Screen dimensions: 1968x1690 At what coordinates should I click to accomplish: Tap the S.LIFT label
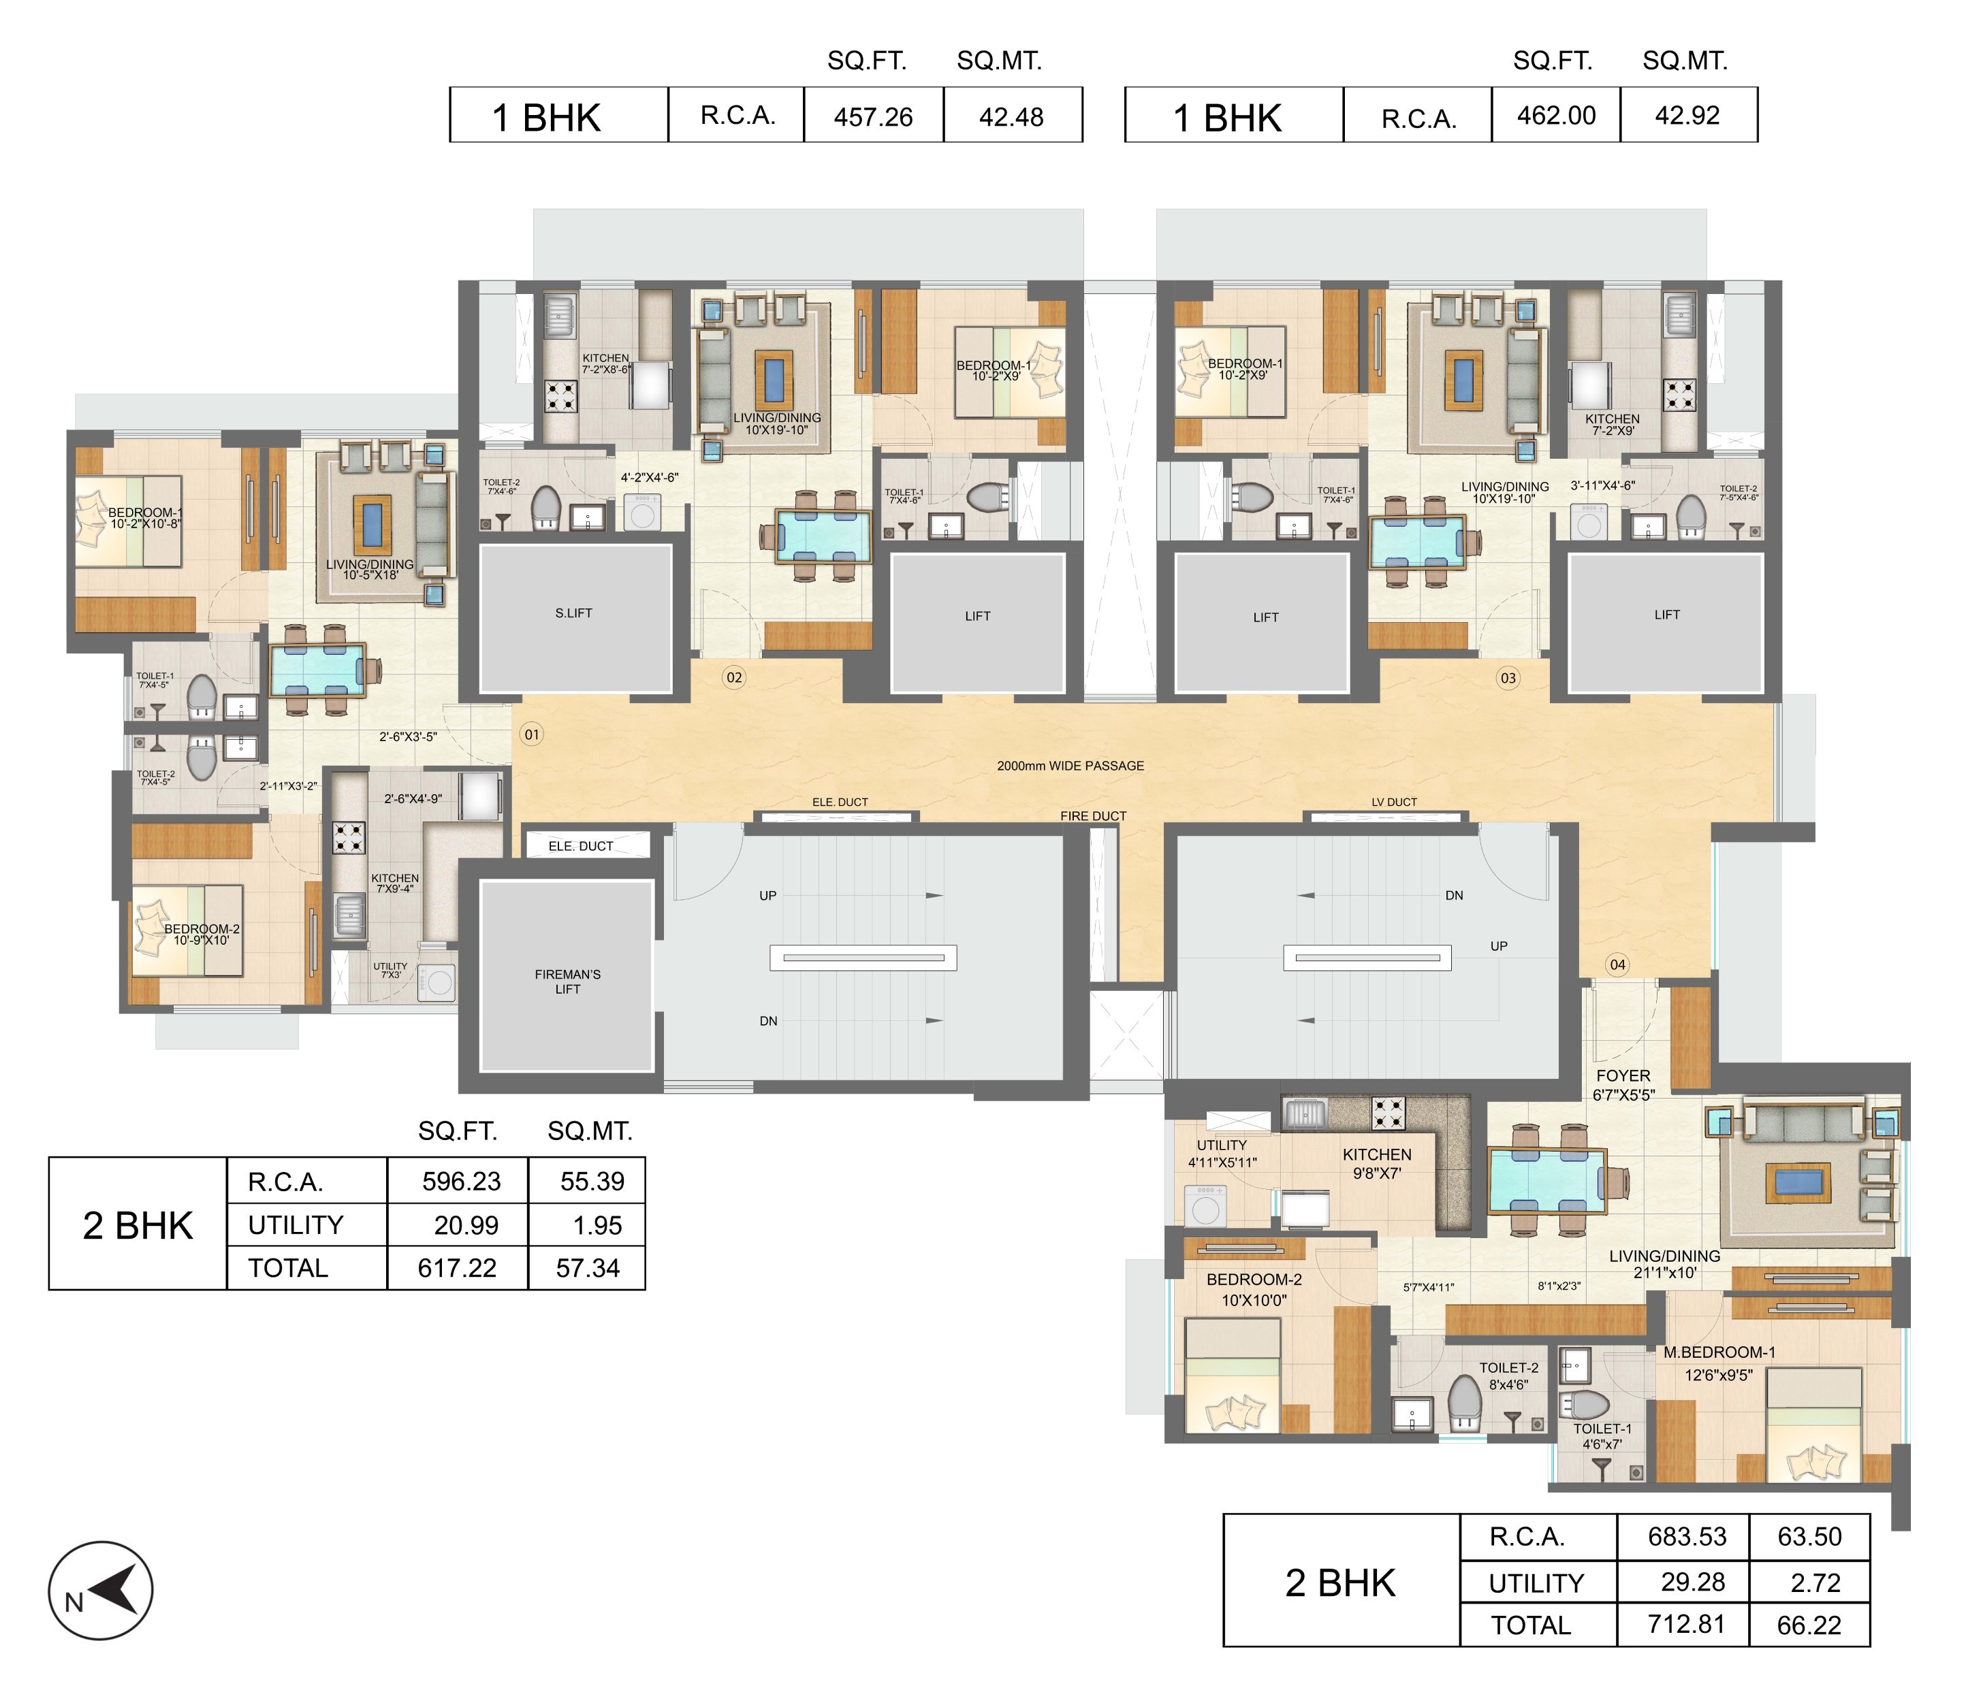[x=573, y=613]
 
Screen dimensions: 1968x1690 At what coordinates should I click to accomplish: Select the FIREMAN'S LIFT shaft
[x=567, y=976]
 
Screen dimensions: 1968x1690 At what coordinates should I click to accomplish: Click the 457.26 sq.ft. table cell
[x=873, y=116]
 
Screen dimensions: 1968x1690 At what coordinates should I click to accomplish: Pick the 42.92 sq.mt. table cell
[x=1688, y=115]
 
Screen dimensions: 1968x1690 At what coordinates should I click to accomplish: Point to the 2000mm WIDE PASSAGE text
[x=1070, y=765]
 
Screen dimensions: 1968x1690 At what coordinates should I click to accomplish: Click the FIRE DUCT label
[x=1093, y=815]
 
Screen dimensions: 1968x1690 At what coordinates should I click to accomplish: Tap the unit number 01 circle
[x=531, y=734]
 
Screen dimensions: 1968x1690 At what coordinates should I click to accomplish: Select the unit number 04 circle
[x=1617, y=964]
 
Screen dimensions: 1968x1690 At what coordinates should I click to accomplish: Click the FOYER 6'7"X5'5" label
[x=1623, y=1084]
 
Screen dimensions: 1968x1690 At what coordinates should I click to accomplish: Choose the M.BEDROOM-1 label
[x=1719, y=1352]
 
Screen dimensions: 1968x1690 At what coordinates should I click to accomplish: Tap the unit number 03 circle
[x=1508, y=678]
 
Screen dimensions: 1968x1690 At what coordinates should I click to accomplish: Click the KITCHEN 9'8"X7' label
[x=1377, y=1164]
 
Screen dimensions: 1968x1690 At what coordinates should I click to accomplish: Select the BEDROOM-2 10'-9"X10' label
[x=202, y=935]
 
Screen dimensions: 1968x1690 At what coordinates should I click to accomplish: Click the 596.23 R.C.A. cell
[x=462, y=1181]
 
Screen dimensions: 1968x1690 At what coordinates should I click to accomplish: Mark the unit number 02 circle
[x=734, y=677]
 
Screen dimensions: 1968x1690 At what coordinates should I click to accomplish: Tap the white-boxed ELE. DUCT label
[x=582, y=846]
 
